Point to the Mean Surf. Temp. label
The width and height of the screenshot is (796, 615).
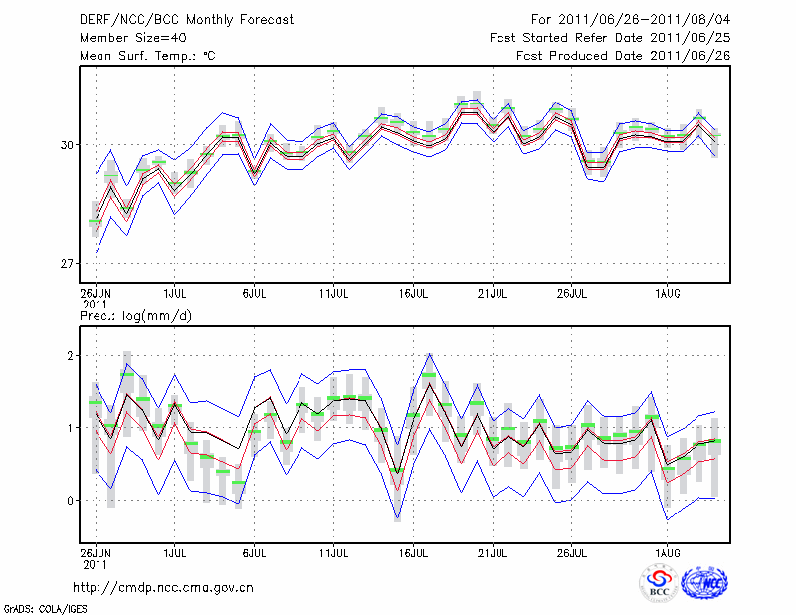coord(147,56)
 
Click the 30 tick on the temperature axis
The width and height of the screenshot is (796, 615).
coord(67,145)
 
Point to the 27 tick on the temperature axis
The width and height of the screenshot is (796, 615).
coord(67,264)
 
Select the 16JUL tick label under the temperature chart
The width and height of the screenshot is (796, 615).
coord(413,294)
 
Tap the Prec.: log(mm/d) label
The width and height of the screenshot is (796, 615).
coord(135,316)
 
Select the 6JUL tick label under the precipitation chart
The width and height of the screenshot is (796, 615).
coord(255,550)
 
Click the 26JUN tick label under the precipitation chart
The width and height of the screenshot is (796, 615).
coord(96,550)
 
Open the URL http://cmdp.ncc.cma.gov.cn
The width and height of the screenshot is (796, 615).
coord(163,587)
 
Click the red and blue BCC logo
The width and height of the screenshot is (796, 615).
coord(659,583)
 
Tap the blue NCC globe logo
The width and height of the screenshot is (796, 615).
coord(704,583)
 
